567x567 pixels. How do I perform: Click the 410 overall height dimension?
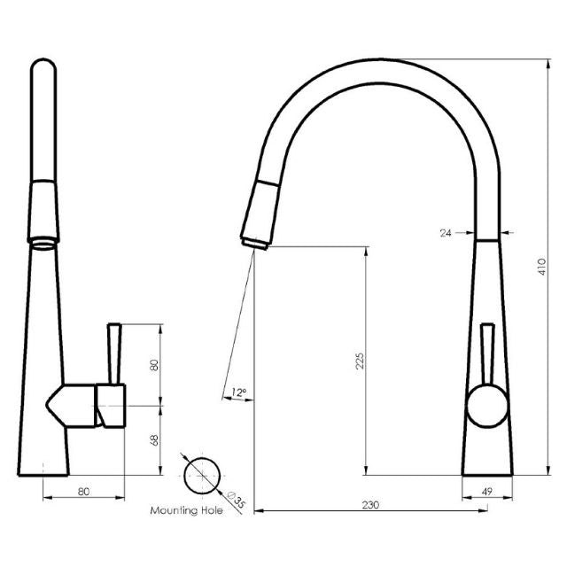542,265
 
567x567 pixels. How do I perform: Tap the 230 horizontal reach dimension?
370,504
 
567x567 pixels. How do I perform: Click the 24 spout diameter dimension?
445,233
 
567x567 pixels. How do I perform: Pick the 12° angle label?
238,392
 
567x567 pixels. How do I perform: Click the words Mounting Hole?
186,511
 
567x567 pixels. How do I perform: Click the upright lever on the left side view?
113,351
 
